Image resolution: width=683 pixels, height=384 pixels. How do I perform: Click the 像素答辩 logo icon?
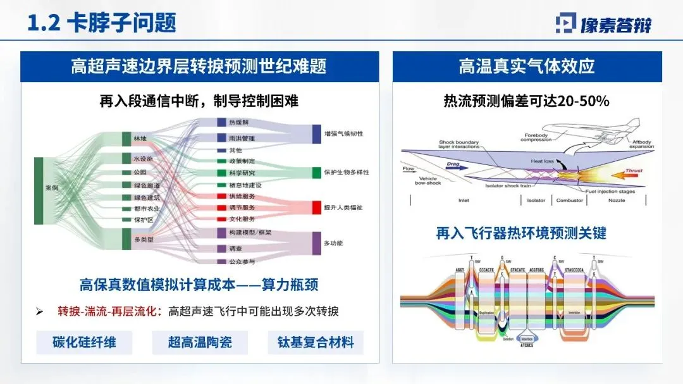click(x=565, y=23)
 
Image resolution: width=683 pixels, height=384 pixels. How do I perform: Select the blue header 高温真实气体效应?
click(x=526, y=66)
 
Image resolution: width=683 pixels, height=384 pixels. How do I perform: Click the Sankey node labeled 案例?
click(x=39, y=190)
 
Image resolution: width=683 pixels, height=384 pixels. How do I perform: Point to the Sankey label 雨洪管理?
click(x=241, y=138)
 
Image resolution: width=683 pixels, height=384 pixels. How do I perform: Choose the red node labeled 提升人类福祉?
click(x=317, y=207)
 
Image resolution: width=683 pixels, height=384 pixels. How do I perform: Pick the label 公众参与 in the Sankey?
click(x=242, y=261)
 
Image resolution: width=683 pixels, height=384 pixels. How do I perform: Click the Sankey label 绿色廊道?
click(x=146, y=185)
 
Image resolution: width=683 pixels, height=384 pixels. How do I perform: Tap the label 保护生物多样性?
click(x=346, y=172)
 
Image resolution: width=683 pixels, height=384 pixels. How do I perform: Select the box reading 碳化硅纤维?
click(x=84, y=342)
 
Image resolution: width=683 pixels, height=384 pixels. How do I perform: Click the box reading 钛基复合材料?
click(x=316, y=342)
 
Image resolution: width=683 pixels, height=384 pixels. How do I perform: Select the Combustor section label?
click(x=569, y=201)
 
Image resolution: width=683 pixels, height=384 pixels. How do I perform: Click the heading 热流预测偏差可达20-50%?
click(x=526, y=101)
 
